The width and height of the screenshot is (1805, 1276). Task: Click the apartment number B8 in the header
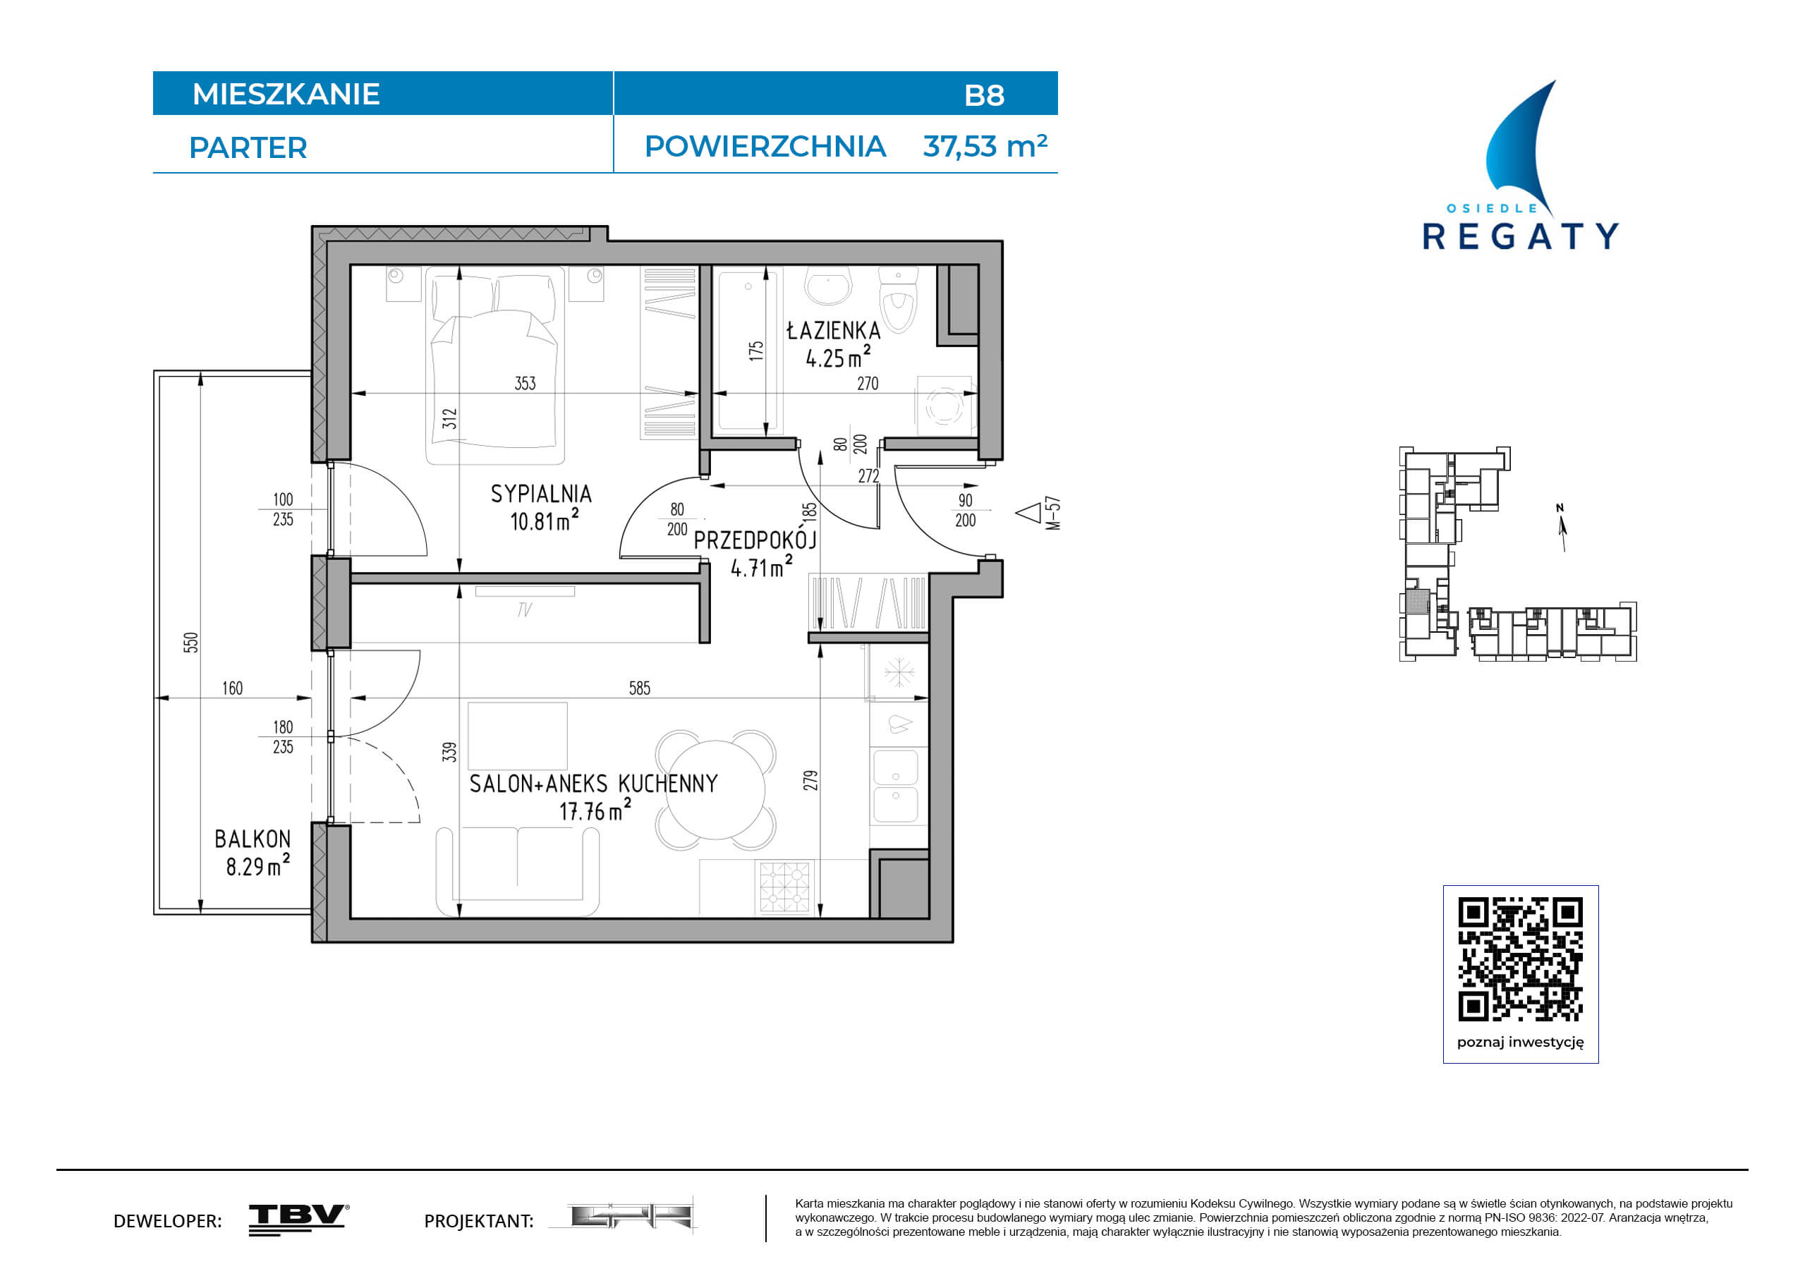pyautogui.click(x=984, y=95)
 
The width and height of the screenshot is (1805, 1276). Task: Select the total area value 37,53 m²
pyautogui.click(x=985, y=146)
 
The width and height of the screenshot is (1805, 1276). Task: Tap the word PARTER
pyautogui.click(x=248, y=148)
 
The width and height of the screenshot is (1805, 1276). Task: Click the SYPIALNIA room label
pyautogui.click(x=541, y=494)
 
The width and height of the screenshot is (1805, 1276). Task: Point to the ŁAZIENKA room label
pyautogui.click(x=833, y=330)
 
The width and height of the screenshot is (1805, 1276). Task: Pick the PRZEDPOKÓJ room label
pyautogui.click(x=755, y=540)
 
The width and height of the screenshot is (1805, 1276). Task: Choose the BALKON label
pyautogui.click(x=253, y=839)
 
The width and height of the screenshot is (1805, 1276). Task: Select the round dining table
pyautogui.click(x=715, y=790)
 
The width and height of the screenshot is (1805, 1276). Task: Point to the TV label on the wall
pyautogui.click(x=524, y=609)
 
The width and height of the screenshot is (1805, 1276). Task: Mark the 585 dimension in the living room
pyautogui.click(x=639, y=688)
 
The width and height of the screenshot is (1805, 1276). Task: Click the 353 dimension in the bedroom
pyautogui.click(x=525, y=383)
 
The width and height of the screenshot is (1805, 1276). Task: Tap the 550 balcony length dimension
pyautogui.click(x=191, y=643)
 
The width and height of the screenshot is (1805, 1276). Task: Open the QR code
pyautogui.click(x=1521, y=959)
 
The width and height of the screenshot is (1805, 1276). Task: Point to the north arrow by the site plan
pyautogui.click(x=1562, y=528)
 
